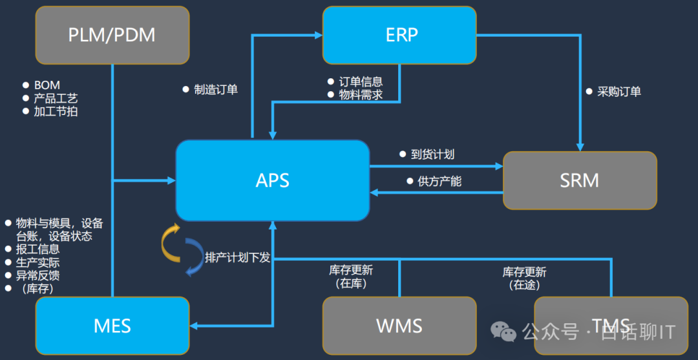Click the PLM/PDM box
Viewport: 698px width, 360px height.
tap(112, 35)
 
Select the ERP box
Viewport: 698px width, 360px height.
tap(399, 35)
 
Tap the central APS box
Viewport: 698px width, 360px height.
tap(272, 180)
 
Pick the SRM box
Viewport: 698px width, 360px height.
tap(579, 180)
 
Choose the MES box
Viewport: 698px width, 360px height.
tap(112, 325)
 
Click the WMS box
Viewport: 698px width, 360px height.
tap(399, 325)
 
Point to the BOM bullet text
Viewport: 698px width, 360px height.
tap(47, 85)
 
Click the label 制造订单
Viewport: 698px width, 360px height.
tap(216, 90)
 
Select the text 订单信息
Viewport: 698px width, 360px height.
tap(361, 82)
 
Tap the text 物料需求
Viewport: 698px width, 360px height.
tap(361, 95)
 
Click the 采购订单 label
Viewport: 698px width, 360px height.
tap(619, 92)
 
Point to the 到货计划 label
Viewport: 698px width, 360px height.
tap(432, 154)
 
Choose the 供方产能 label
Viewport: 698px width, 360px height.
tap(439, 182)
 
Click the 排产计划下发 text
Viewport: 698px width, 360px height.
tap(237, 257)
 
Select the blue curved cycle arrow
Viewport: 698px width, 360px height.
tap(193, 257)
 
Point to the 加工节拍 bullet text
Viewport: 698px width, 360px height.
tap(56, 111)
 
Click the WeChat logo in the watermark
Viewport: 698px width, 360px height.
tap(504, 332)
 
